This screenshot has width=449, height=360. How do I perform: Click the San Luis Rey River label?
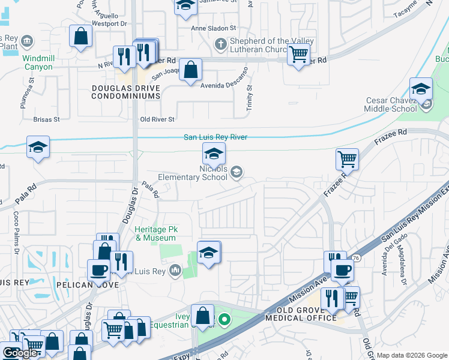tap(215, 137)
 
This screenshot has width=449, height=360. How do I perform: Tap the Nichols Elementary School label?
tap(193, 173)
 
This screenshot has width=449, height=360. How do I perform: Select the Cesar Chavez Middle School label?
tap(390, 104)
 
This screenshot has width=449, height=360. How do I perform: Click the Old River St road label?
tap(157, 119)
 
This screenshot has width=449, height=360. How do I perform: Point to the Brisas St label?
tap(47, 119)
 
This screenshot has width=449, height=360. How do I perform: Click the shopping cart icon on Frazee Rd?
tap(347, 160)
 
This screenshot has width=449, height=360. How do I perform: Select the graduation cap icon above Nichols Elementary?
tap(214, 154)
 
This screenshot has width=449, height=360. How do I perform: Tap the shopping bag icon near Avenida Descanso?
tap(190, 70)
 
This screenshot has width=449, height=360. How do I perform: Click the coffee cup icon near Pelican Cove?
tap(98, 270)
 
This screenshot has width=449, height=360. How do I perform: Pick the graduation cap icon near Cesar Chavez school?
tap(421, 89)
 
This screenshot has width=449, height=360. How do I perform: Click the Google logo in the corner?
tap(19, 353)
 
